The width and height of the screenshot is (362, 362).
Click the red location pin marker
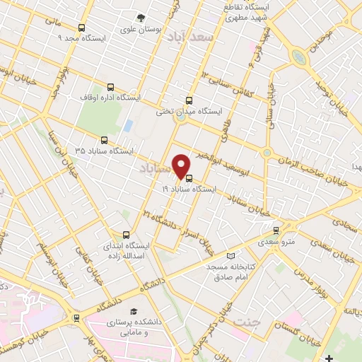(x=182, y=165)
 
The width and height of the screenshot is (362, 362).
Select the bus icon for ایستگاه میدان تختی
(x=188, y=100)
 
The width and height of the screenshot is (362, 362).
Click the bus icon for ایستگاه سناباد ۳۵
(x=105, y=140)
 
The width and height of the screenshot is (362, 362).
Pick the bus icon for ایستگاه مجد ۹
(x=82, y=28)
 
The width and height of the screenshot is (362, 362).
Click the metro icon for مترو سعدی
(x=276, y=230)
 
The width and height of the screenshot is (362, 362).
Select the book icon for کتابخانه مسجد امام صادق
(x=230, y=255)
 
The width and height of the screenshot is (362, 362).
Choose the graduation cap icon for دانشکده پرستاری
(x=132, y=312)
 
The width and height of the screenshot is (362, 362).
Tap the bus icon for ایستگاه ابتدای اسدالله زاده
(x=127, y=235)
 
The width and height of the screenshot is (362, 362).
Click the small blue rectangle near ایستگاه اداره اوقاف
(x=128, y=126)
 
